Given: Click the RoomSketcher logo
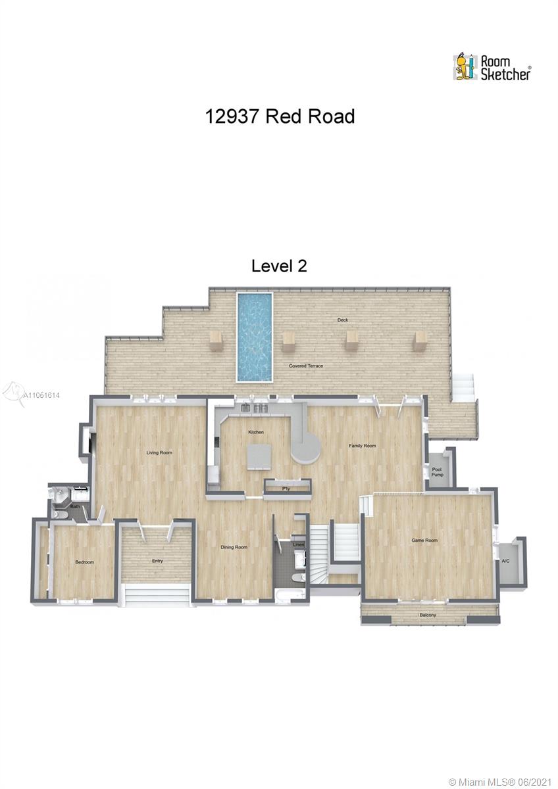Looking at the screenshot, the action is coord(492,67).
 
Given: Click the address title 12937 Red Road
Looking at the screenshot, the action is coord(280,116).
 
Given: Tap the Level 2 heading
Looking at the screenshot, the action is coord(279,266).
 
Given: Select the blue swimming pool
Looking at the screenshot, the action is coord(255,337).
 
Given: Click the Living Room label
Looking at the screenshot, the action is coord(159,452).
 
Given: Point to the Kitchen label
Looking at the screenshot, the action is coord(256,432).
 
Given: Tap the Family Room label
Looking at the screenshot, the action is coord(363,446).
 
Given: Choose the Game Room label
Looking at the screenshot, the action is coord(424,540).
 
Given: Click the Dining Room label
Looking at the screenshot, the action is coord(234,547).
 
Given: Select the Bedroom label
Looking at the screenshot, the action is coord(85,562).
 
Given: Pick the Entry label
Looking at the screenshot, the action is coord(157,561).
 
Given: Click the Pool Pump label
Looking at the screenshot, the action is coord(437,472).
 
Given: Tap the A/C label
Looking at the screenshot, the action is coord(505,561).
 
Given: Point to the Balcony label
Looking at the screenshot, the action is coord(428,615).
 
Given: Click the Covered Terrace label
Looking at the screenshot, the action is coord(306,366).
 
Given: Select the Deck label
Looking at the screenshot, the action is coord(343,320).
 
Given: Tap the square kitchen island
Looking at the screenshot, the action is coord(259,457).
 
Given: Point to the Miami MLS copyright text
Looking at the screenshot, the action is coord(501,780).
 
